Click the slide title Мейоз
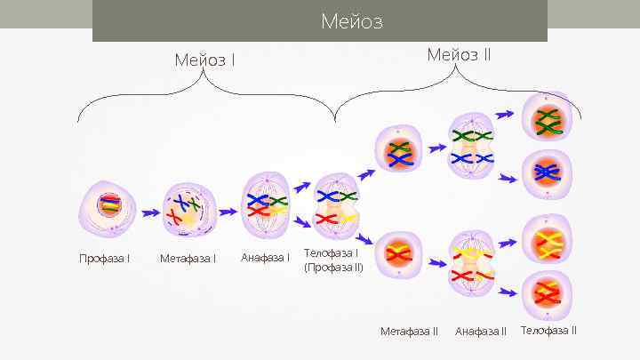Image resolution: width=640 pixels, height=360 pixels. [x=352, y=20]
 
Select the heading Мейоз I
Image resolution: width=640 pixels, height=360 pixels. [x=205, y=60]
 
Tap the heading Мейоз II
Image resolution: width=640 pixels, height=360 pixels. [x=459, y=54]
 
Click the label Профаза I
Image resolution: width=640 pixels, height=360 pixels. [x=104, y=259]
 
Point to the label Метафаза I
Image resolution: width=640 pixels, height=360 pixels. [x=188, y=259]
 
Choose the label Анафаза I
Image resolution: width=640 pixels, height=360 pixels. [x=265, y=258]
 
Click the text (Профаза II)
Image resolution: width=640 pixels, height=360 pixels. [x=333, y=267]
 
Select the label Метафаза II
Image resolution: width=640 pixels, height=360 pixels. [x=409, y=332]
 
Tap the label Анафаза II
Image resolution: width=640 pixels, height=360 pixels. [x=480, y=332]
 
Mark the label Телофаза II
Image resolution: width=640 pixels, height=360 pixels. [x=548, y=331]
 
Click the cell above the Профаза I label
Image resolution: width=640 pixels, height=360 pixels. [x=108, y=212]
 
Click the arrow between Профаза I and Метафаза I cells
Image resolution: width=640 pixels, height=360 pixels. [x=148, y=213]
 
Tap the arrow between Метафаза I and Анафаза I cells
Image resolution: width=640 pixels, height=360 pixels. [x=228, y=212]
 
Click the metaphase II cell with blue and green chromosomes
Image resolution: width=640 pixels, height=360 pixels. [x=399, y=153]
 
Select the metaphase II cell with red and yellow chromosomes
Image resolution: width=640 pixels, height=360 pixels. [x=399, y=256]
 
